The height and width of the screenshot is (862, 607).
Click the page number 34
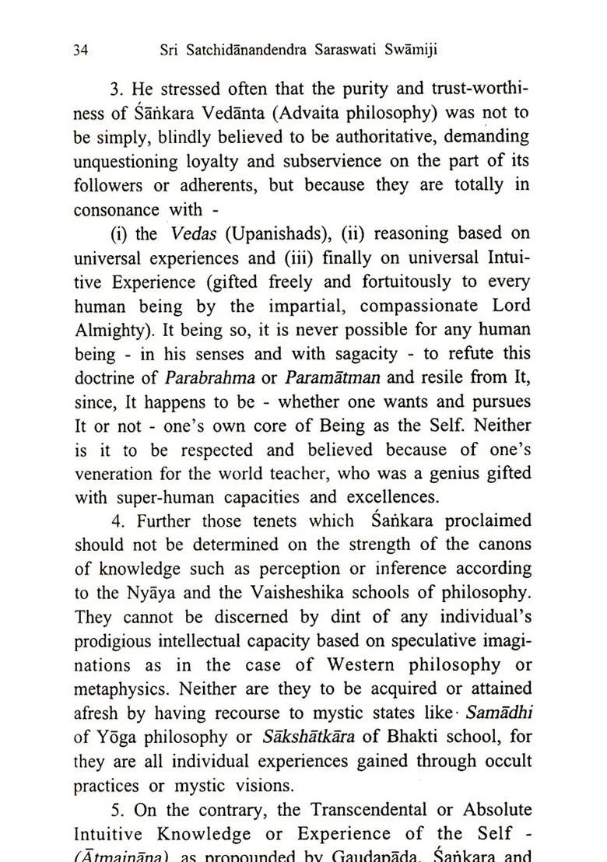80,51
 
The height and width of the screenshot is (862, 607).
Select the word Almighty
108,331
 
